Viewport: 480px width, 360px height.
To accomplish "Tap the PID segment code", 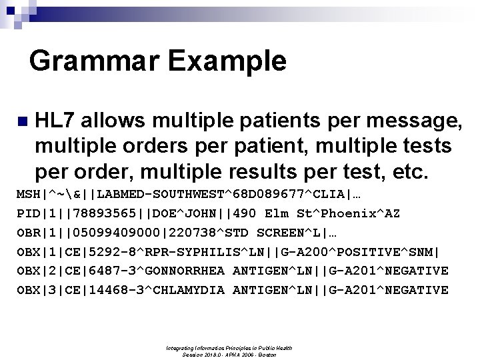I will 29,215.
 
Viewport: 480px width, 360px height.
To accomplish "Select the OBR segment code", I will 29,234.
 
